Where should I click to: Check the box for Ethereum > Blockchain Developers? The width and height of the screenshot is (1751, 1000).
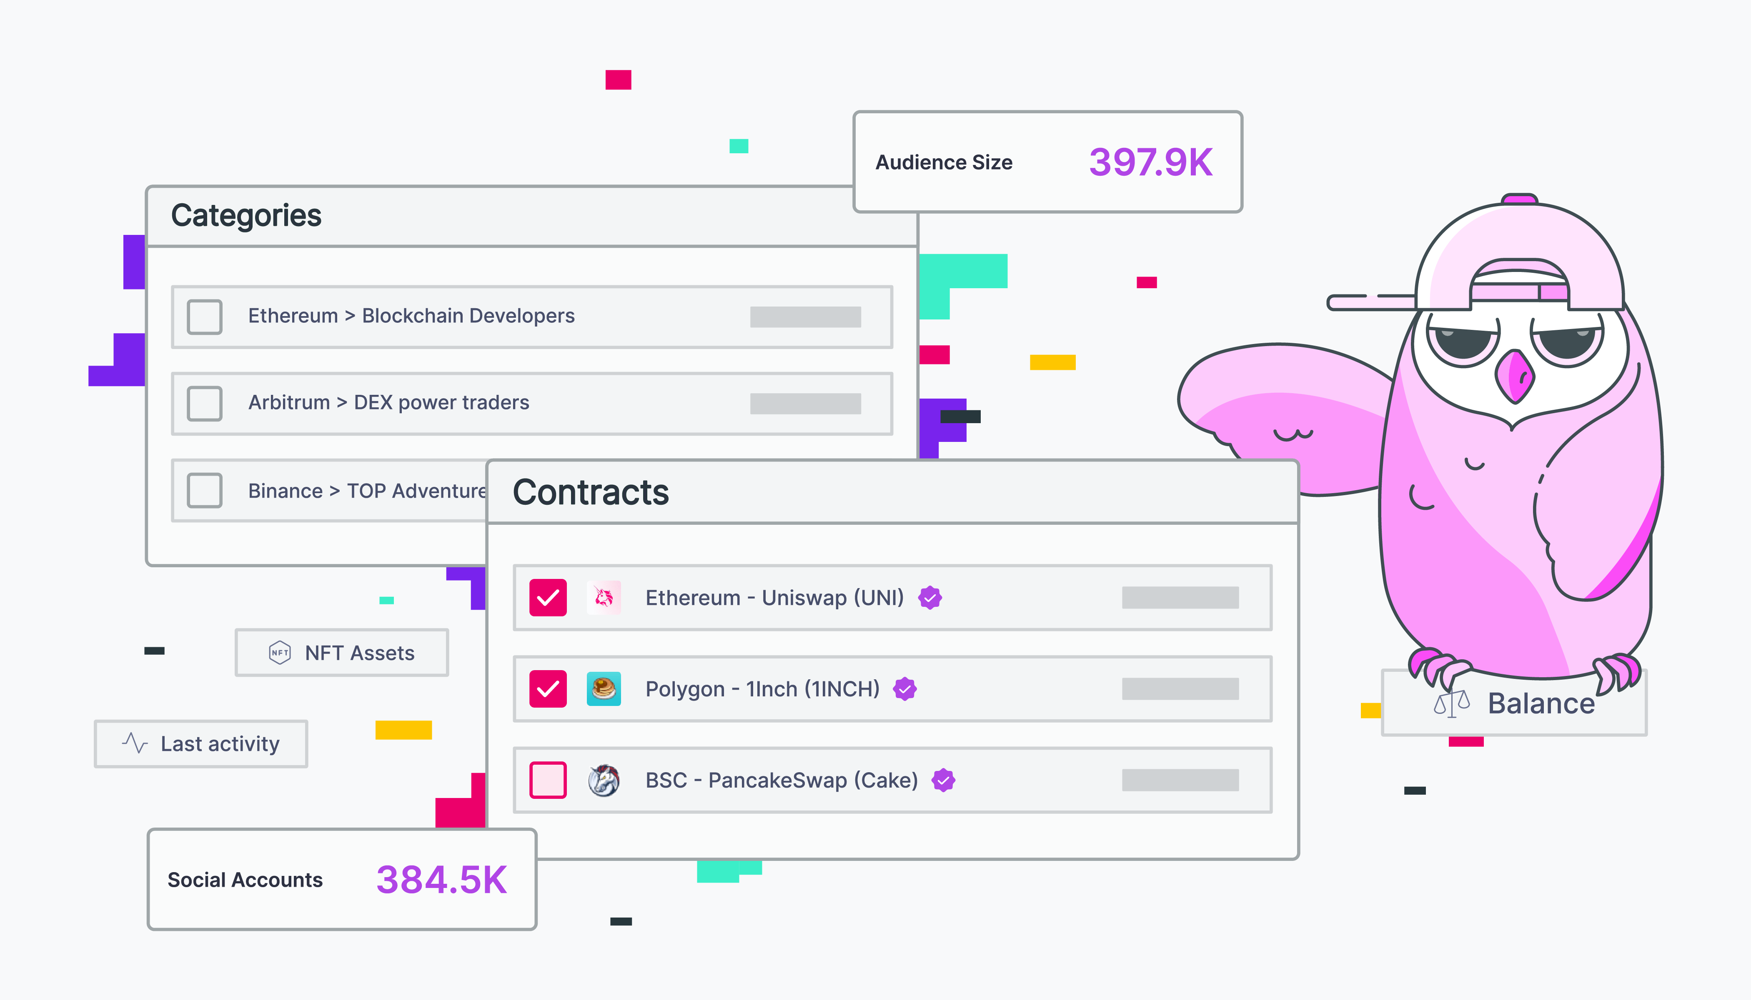[x=204, y=317]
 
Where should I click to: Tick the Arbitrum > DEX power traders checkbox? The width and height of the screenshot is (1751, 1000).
[x=204, y=403]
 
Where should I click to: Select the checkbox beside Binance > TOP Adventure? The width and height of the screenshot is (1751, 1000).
[x=204, y=490]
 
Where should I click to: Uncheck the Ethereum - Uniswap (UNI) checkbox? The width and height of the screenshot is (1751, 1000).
[x=548, y=598]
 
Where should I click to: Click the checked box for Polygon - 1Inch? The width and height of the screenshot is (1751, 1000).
[x=548, y=689]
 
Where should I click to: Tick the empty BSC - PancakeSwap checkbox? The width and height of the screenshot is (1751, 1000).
[x=548, y=780]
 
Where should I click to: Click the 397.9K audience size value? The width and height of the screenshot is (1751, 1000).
[x=1150, y=163]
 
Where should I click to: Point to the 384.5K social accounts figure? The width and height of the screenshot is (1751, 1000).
[x=441, y=880]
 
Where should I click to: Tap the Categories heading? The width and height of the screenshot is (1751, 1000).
[x=246, y=216]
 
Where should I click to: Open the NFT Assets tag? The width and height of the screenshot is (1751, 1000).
[x=341, y=653]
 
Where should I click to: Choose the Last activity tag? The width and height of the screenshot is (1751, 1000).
[x=200, y=744]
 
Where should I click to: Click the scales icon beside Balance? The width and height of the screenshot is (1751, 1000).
[x=1450, y=704]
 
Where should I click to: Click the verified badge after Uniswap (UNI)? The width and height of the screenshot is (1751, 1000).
[x=930, y=598]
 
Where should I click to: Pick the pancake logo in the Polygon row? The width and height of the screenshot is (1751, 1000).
[x=604, y=689]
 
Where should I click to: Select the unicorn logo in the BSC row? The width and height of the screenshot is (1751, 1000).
[x=604, y=780]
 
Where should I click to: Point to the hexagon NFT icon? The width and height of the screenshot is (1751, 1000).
[x=280, y=653]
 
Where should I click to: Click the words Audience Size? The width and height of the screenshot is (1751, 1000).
[x=944, y=163]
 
